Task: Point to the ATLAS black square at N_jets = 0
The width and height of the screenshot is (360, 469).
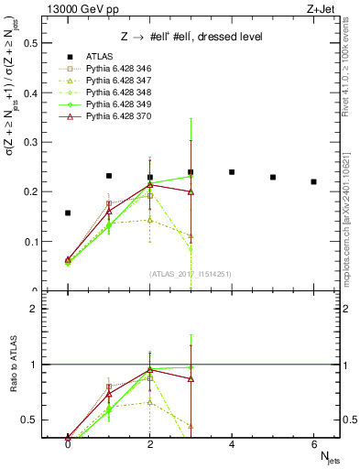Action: pyautogui.click(x=68, y=213)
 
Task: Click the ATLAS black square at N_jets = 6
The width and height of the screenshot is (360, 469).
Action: pyautogui.click(x=313, y=182)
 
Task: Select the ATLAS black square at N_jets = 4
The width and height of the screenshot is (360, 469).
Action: pyautogui.click(x=232, y=172)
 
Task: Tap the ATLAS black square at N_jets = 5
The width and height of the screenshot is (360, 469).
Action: pyautogui.click(x=273, y=177)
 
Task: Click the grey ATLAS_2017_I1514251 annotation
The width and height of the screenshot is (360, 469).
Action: pyautogui.click(x=191, y=273)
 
